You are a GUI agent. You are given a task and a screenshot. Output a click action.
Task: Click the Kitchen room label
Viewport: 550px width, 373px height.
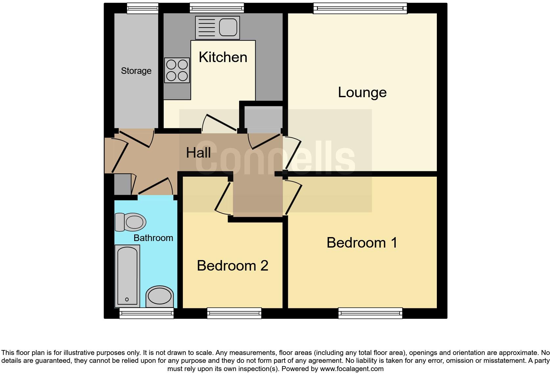click(x=223, y=57)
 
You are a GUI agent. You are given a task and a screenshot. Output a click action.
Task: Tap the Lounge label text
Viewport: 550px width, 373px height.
click(x=362, y=92)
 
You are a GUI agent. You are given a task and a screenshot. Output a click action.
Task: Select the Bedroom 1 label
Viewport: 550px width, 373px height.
click(x=362, y=243)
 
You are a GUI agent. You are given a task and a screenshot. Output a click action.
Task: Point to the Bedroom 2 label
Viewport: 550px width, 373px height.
click(x=232, y=266)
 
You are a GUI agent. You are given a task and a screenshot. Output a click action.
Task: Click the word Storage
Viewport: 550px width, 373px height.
click(x=136, y=71)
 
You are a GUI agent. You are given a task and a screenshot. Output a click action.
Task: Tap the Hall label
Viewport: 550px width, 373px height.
click(x=198, y=153)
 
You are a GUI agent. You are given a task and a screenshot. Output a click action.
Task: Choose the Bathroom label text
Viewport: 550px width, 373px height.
click(x=153, y=238)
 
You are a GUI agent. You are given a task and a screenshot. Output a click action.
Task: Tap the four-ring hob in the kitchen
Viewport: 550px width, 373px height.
click(x=177, y=70)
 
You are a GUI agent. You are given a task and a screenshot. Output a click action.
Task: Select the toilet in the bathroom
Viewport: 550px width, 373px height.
click(x=131, y=222)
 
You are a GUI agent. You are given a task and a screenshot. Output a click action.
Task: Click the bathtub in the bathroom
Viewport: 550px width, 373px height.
click(x=127, y=276)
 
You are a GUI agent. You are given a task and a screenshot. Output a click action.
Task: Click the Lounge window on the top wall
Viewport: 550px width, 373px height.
click(x=360, y=8)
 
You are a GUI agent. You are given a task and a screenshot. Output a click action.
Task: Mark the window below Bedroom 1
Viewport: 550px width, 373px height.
click(x=370, y=313)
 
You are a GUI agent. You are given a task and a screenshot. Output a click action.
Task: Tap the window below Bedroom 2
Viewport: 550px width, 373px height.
click(x=234, y=313)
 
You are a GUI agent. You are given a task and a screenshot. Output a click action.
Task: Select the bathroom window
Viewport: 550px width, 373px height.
click(x=146, y=313)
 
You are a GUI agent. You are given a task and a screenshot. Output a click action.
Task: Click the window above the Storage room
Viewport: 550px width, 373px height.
click(x=142, y=8)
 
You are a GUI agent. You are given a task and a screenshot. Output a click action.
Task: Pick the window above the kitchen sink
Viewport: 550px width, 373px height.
click(x=217, y=8)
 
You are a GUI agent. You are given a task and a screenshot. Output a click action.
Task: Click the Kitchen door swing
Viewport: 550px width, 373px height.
click(x=218, y=123)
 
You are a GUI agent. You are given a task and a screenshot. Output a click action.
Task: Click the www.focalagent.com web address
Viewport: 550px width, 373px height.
click(x=352, y=369)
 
